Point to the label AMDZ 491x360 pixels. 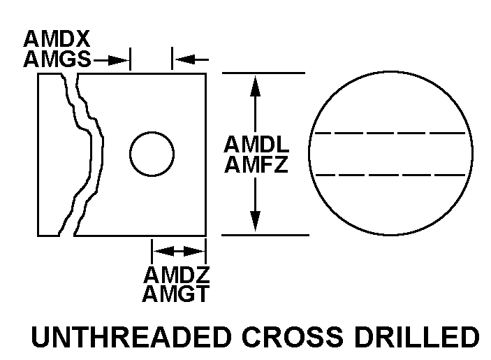pos(177,273)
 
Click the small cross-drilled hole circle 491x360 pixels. pos(152,154)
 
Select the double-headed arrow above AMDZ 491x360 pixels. pos(178,250)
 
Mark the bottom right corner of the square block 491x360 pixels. pos(205,236)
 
